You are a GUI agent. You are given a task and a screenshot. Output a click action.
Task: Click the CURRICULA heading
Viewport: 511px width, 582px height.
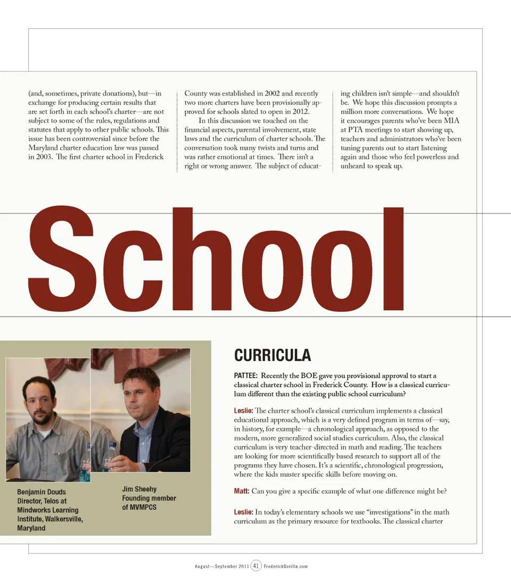tap(272, 355)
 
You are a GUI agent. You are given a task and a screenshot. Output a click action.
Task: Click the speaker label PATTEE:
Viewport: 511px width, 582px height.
tap(246, 376)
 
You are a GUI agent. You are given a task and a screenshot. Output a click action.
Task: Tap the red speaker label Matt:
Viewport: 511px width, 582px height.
tap(242, 490)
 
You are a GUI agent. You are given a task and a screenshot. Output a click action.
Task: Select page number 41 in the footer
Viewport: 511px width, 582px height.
tap(256, 566)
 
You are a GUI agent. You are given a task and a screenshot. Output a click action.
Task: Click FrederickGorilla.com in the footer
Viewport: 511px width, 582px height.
tap(286, 566)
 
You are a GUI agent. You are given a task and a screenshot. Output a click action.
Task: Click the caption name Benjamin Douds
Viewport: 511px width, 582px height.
tap(42, 492)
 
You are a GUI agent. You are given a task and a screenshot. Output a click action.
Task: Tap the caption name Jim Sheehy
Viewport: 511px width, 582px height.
tap(139, 489)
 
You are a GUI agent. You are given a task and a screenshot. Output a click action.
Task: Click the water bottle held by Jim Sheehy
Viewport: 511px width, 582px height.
tap(110, 456)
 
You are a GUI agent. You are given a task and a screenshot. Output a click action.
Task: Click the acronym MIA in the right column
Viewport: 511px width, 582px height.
tap(451, 121)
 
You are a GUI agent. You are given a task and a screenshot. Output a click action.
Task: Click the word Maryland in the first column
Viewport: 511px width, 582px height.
tap(44, 148)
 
